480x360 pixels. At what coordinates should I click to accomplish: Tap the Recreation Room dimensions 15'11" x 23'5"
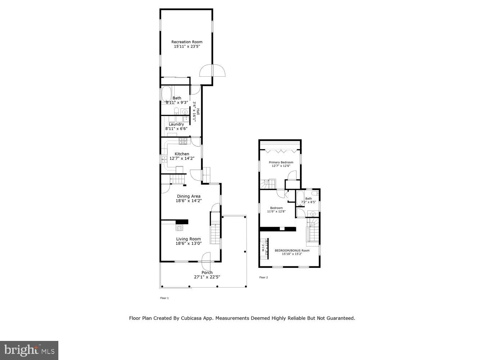187,46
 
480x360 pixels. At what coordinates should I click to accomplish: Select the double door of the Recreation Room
212,71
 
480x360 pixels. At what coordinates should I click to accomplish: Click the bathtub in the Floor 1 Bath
166,95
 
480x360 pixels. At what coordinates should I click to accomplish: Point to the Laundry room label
176,124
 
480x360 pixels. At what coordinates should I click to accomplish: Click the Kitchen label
182,154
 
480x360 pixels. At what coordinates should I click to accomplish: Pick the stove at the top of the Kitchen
184,141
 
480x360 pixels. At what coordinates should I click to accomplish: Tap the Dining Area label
188,196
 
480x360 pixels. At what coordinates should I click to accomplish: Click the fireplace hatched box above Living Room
179,227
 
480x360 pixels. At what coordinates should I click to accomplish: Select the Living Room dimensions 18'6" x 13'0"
188,243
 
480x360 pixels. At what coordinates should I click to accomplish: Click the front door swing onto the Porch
206,261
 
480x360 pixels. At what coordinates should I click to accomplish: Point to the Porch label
207,273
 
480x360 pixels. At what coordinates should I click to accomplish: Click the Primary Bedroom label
281,162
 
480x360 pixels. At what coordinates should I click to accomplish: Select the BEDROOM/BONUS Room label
292,251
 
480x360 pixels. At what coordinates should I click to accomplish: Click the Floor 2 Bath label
309,198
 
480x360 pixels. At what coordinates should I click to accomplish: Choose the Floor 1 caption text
164,298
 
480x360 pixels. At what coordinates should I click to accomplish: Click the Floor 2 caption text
264,278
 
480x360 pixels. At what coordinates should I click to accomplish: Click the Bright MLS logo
29,350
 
